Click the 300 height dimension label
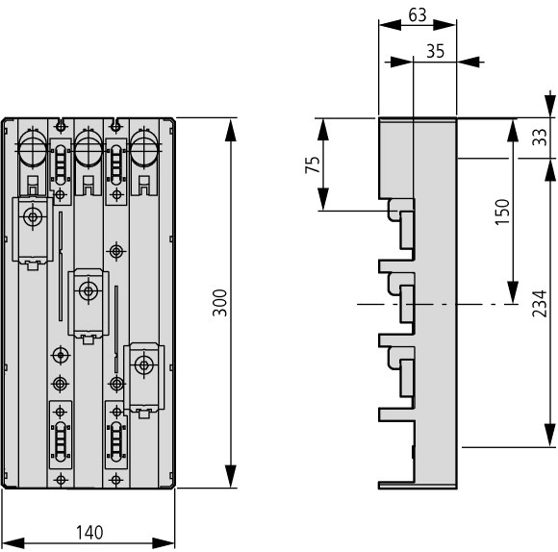point(220,303)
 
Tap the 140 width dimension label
point(89,532)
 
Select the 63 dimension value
point(418,15)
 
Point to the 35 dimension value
point(435,51)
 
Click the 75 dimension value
point(313,164)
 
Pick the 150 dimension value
point(502,212)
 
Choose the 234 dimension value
point(539,303)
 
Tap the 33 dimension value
point(539,137)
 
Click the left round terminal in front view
point(33,148)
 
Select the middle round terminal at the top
point(89,148)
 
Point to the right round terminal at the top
point(144,148)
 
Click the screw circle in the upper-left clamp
point(33,216)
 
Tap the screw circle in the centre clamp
point(89,291)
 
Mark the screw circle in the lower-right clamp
point(144,364)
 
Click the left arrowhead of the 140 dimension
point(13,543)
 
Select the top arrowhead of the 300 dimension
point(231,130)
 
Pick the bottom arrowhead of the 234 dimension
point(550,436)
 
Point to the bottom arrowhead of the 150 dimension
point(513,292)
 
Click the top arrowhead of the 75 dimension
point(323,130)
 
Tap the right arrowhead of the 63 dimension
point(444,25)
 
